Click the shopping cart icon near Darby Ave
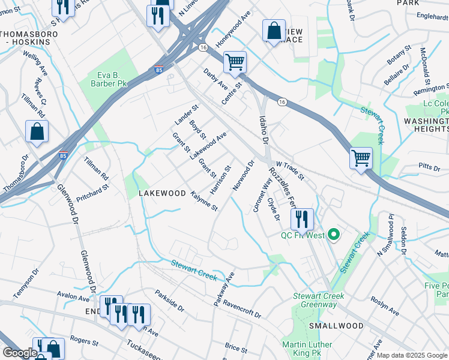[x=235, y=61]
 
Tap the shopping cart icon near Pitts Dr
[x=361, y=158]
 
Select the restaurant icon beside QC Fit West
[x=301, y=219]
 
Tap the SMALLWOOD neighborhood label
[x=336, y=325]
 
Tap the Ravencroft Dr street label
[x=243, y=307]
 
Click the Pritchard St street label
[x=96, y=187]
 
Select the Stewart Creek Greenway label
[x=318, y=300]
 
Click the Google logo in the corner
[x=20, y=353]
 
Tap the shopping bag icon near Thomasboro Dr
[x=37, y=132]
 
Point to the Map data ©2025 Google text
[x=412, y=355]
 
